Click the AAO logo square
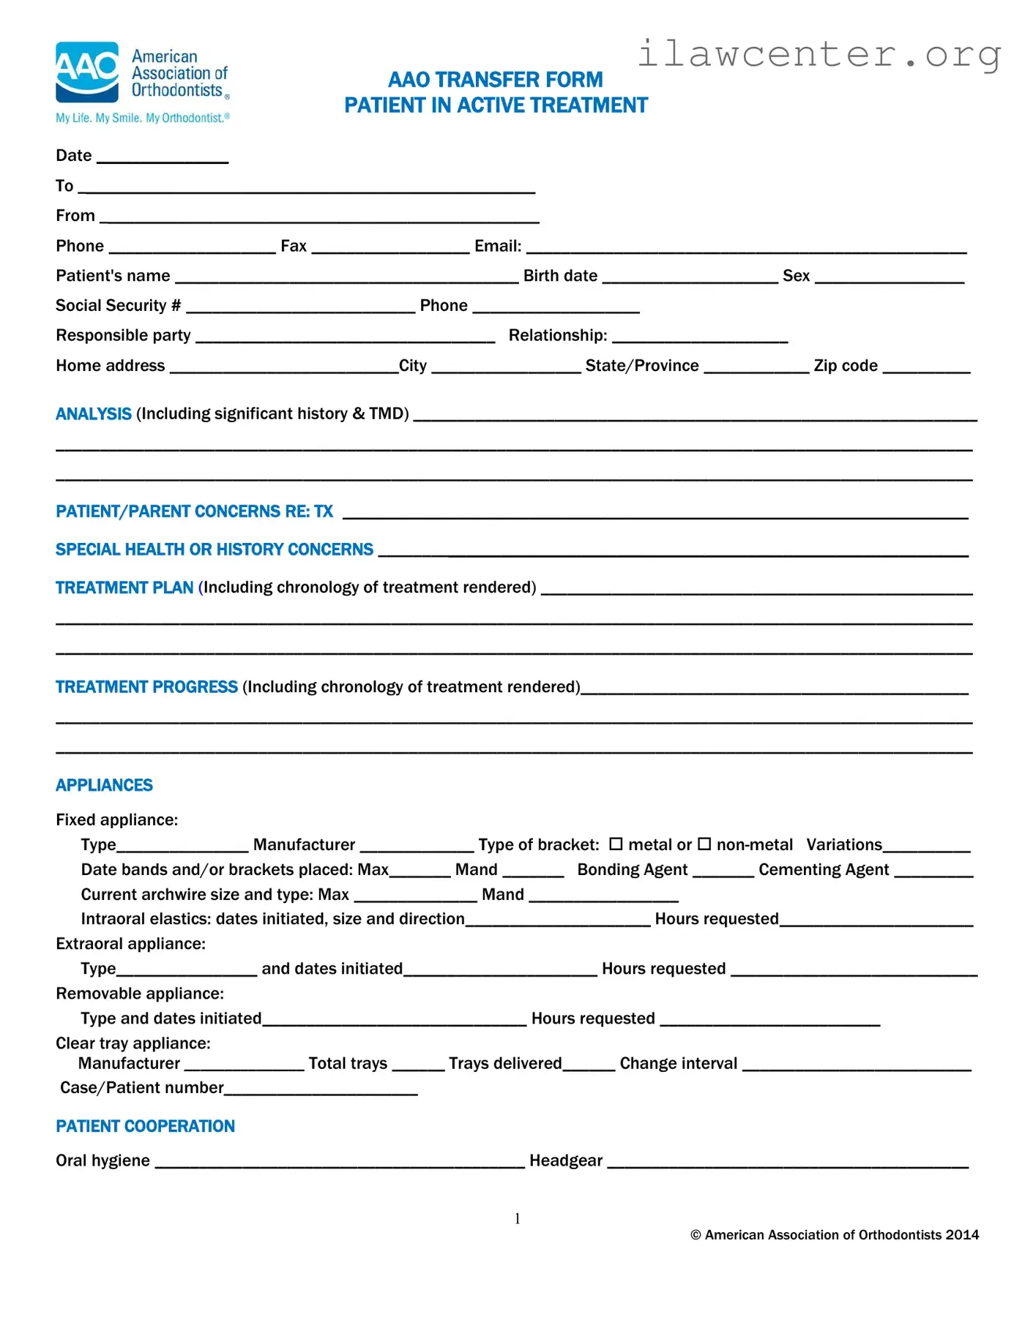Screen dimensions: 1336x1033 (87, 72)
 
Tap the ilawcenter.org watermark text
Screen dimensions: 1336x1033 (818, 54)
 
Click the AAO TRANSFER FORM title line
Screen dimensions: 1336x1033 (496, 79)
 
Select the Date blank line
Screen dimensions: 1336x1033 (163, 159)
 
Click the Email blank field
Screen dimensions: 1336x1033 (746, 249)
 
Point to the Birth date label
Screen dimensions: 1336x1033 (560, 276)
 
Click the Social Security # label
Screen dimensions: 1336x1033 (118, 306)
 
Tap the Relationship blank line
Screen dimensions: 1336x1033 (700, 339)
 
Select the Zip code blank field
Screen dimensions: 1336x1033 (926, 369)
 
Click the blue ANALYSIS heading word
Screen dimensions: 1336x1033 (94, 414)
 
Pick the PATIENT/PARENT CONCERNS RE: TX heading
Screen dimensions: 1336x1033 (194, 511)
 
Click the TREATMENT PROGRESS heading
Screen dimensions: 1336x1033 (146, 687)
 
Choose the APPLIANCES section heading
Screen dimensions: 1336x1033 (104, 786)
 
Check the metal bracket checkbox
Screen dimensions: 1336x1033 (616, 844)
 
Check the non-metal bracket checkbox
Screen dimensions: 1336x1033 (704, 844)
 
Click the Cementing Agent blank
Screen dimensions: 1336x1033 (933, 873)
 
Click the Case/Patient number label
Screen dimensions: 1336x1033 (142, 1088)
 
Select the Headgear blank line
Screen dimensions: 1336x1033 (788, 1164)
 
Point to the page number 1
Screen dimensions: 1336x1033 (518, 1218)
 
